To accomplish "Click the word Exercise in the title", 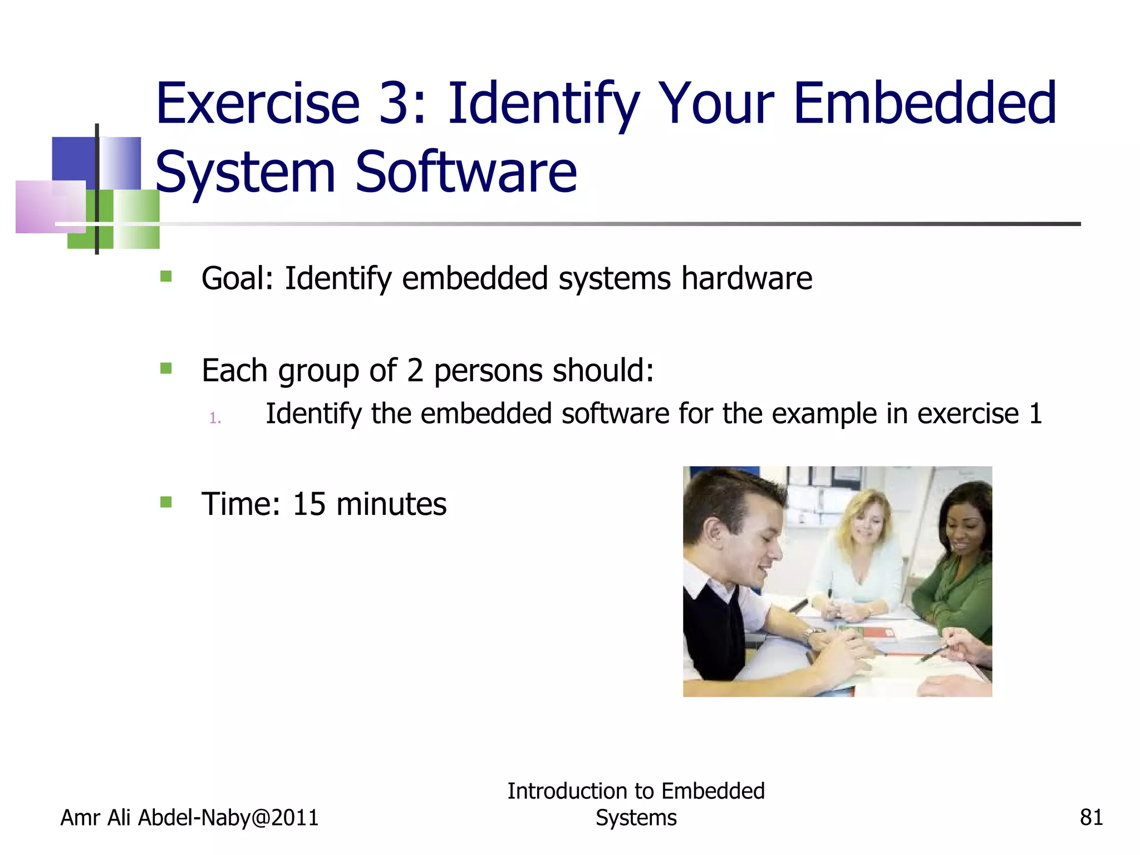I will point(258,104).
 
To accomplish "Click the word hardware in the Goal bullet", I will point(746,278).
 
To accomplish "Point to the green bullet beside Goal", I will point(166,276).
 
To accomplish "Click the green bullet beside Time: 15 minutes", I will point(166,502).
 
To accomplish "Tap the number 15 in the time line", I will point(309,504).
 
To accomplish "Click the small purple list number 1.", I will point(215,418).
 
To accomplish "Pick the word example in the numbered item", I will point(823,414).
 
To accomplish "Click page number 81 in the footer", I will point(1091,818).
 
